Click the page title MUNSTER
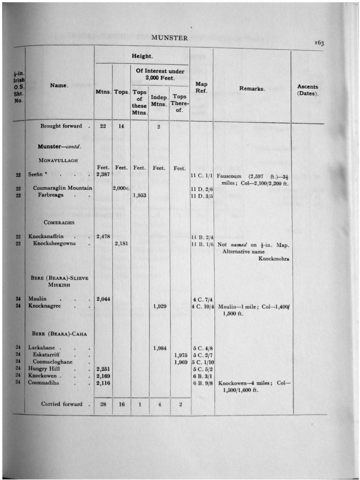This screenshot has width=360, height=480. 169,38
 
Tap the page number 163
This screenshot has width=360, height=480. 319,43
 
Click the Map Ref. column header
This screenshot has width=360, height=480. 201,87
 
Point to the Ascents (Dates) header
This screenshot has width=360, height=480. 307,90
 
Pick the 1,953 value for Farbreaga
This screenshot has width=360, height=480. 139,195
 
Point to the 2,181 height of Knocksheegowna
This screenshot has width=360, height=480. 121,243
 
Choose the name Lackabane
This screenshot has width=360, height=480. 42,347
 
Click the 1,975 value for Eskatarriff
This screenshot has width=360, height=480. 180,355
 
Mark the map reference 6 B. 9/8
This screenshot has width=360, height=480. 203,382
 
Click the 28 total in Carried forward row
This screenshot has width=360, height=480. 103,404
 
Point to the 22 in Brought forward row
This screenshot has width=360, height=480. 103,126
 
